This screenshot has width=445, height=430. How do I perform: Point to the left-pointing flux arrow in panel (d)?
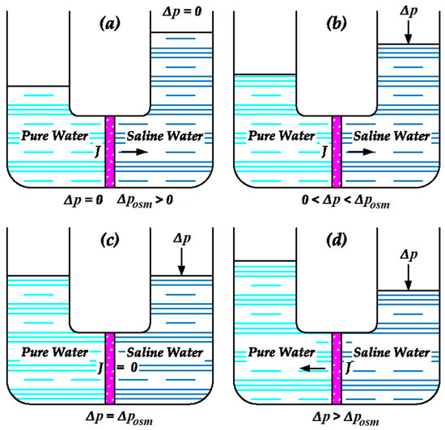(305, 366)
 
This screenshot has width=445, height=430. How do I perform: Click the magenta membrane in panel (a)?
(110, 154)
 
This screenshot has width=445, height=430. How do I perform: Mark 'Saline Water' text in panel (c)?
(165, 352)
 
